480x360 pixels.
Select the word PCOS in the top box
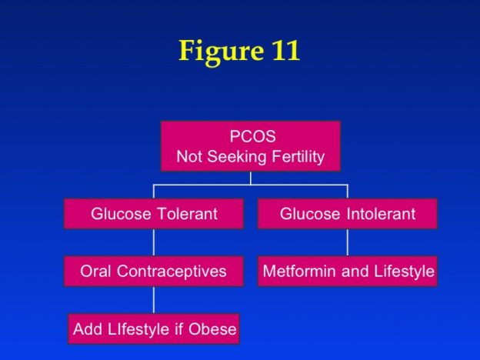(253, 136)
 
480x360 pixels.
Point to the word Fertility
(298, 157)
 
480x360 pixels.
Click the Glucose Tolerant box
(154, 214)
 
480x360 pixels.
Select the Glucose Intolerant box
(348, 214)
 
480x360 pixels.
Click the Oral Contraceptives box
(154, 272)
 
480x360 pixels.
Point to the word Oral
(95, 272)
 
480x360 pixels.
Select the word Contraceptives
(172, 272)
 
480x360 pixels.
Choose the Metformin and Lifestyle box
(348, 272)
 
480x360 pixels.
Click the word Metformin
(299, 272)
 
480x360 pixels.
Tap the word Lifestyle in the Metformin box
(404, 272)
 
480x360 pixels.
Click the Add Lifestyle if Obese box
(154, 328)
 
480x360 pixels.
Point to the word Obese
(212, 329)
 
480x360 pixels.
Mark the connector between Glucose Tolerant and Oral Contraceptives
(154, 242)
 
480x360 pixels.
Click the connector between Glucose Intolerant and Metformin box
(348, 242)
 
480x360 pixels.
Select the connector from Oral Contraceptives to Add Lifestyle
(154, 300)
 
